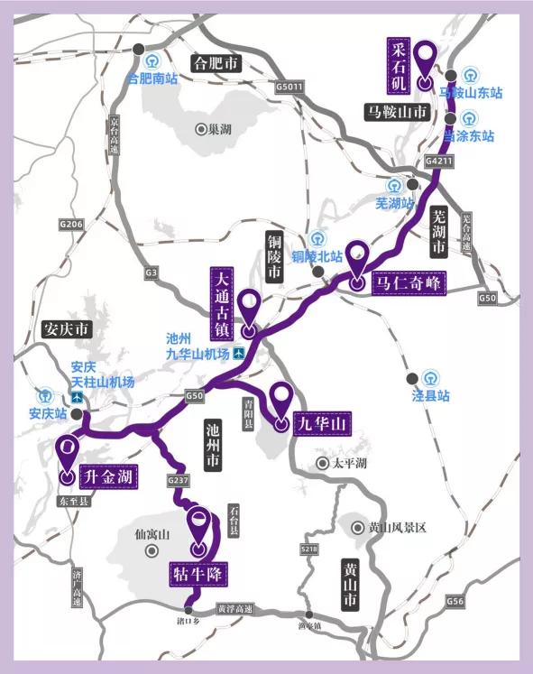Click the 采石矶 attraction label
point(399,64)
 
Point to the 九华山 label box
point(321,421)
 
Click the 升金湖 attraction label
point(108,475)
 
